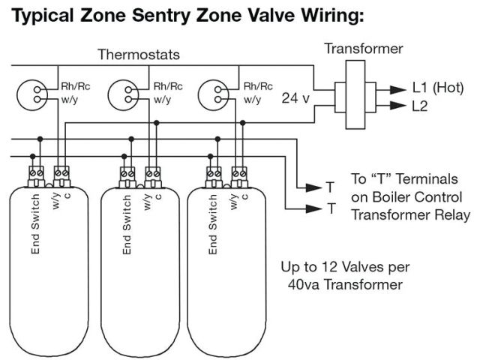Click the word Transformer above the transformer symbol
(364, 49)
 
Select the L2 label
(421, 107)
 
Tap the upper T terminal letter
(330, 186)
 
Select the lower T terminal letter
(330, 208)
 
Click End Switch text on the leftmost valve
(34, 223)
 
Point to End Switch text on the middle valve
(127, 223)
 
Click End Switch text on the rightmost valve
(214, 223)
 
